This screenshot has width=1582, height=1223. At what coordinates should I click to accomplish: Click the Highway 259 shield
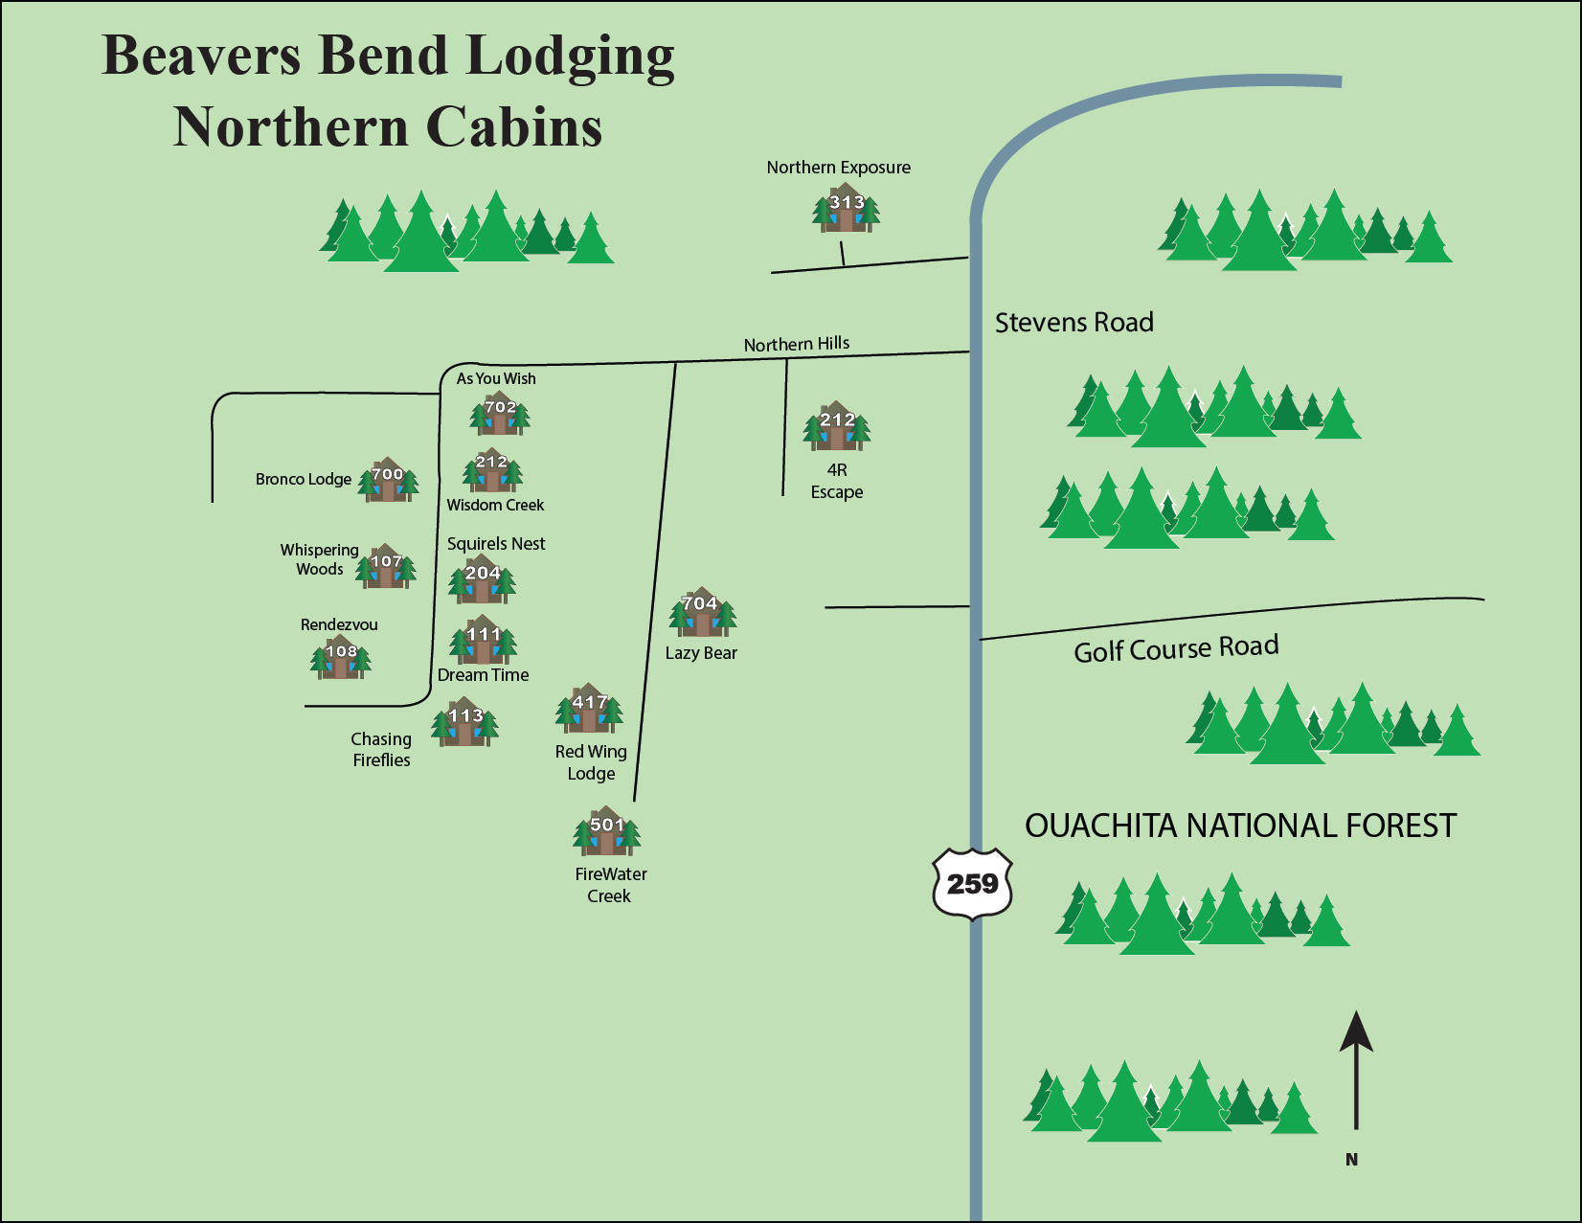coord(972,883)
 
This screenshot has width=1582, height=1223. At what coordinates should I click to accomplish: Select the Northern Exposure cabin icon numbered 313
coord(846,209)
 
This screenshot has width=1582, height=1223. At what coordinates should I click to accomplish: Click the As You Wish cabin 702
coord(500,414)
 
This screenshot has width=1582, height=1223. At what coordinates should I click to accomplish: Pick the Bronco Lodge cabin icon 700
coord(388,481)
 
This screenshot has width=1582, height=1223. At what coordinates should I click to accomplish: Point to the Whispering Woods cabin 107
coord(386,567)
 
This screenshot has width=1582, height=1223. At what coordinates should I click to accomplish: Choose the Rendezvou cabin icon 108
coord(341,658)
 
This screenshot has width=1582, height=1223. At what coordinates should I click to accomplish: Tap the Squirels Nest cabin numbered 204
coord(483,579)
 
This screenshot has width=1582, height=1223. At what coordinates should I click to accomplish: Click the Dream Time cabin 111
coord(484,641)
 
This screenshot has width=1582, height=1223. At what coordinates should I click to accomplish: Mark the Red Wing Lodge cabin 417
coord(589,710)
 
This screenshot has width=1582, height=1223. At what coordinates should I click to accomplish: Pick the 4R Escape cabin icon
coord(837,427)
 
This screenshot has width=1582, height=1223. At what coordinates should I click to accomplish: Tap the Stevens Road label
coord(1073,323)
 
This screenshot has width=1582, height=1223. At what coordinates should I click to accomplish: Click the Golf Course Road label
coord(1176,649)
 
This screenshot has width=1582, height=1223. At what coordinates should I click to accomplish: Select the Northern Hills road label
coord(797,344)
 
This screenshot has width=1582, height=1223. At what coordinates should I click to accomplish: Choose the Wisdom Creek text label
coord(495,505)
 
